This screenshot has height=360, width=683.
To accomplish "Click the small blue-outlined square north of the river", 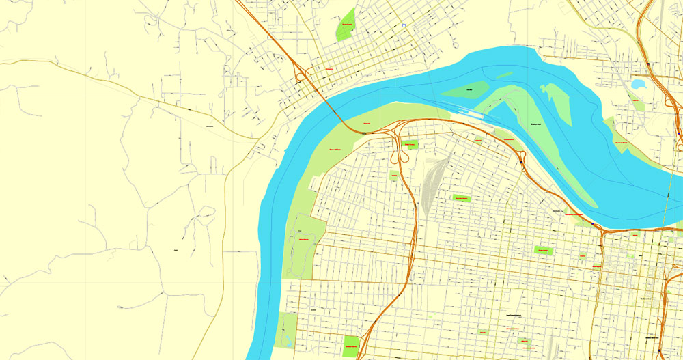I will click(404, 26).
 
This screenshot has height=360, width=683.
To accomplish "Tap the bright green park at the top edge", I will click(347, 25).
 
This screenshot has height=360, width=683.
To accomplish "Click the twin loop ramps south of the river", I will click(399, 145).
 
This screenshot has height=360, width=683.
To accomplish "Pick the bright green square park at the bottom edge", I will click(351, 346).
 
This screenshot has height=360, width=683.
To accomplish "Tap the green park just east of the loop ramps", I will click(409, 145).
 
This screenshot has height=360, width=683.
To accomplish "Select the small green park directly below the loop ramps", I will click(394, 176).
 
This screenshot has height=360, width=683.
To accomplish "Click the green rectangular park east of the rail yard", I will click(462, 198).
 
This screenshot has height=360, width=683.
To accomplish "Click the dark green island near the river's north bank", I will click(466, 89).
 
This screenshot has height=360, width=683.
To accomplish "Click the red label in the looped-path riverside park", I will click(303, 239).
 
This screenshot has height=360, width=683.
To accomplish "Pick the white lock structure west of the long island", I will click(464, 111).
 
